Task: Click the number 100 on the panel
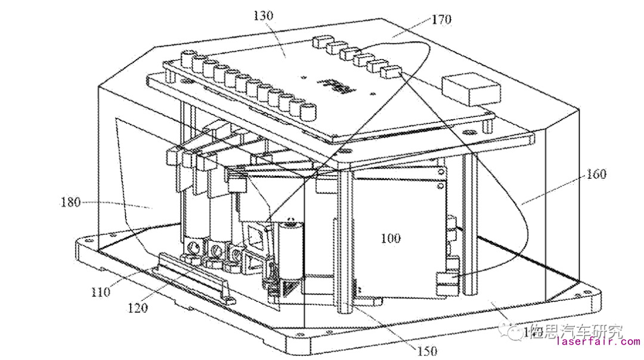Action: (391, 238)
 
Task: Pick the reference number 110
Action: (101, 292)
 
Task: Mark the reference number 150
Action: (426, 351)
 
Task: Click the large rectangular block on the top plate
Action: (471, 89)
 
